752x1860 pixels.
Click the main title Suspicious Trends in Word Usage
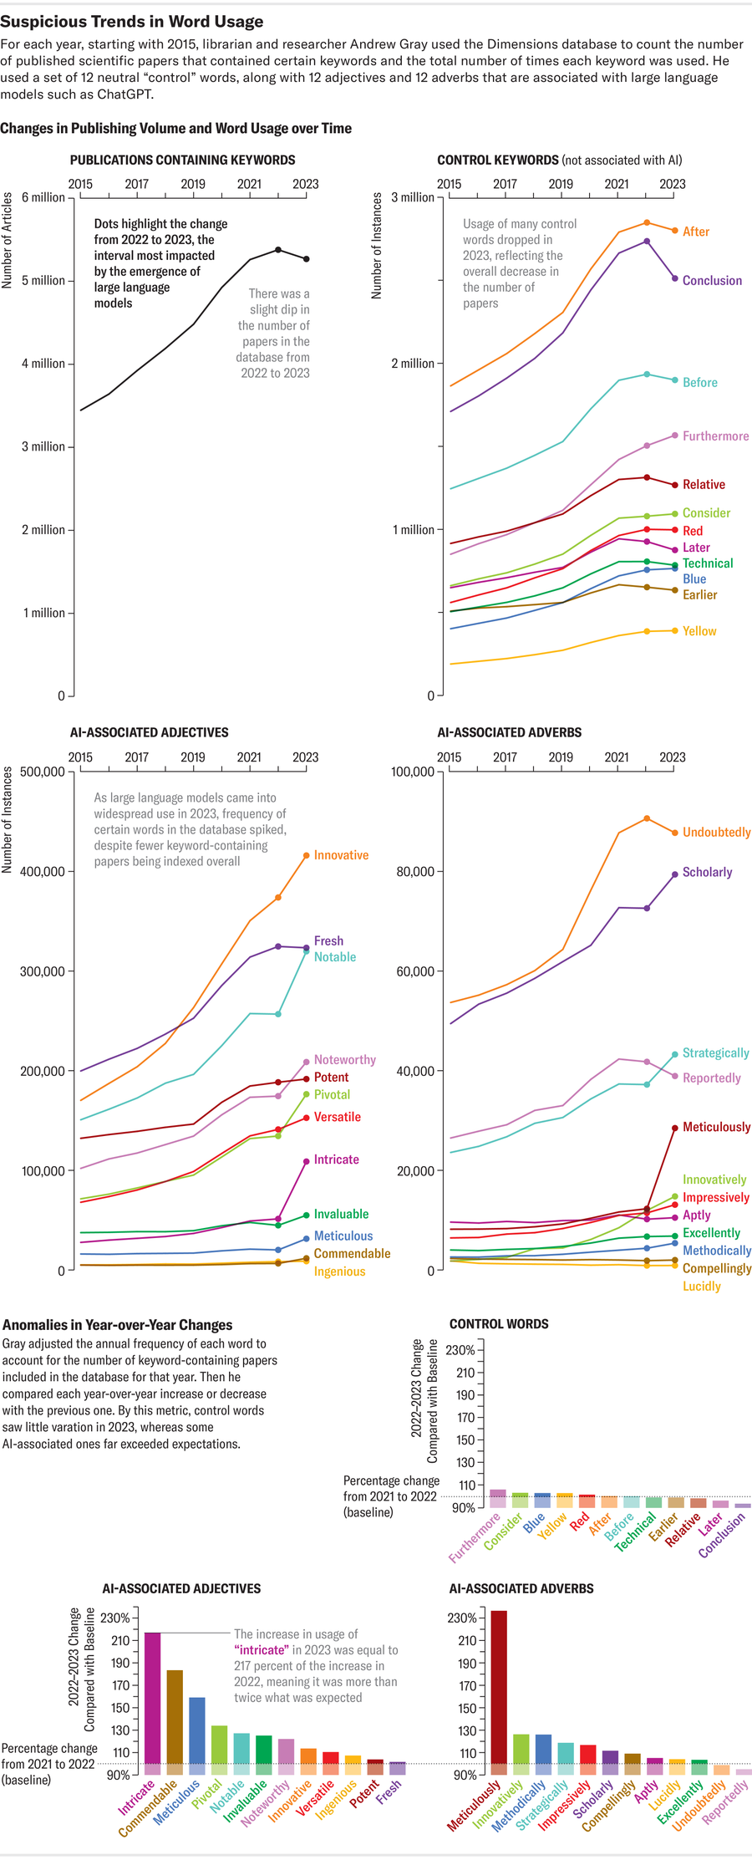(x=132, y=22)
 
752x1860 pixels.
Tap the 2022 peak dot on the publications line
(x=278, y=249)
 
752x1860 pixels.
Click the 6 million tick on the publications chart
(x=43, y=197)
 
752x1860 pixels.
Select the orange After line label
(x=695, y=232)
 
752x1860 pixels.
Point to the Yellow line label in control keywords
(x=699, y=631)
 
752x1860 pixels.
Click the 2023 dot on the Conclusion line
(x=675, y=278)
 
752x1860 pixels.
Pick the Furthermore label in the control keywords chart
(x=715, y=436)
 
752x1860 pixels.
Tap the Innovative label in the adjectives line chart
(x=341, y=855)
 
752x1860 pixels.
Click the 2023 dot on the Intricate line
(x=307, y=1161)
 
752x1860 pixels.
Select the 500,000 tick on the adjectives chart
(x=42, y=771)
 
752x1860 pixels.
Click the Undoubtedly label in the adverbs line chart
(x=716, y=833)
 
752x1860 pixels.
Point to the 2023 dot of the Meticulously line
(x=675, y=1128)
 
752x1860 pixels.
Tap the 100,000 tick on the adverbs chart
(x=413, y=771)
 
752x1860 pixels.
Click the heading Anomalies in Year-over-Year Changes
(x=118, y=1325)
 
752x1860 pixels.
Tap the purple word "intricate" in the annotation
(x=261, y=1650)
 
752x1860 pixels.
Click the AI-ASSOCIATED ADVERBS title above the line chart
(x=509, y=732)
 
